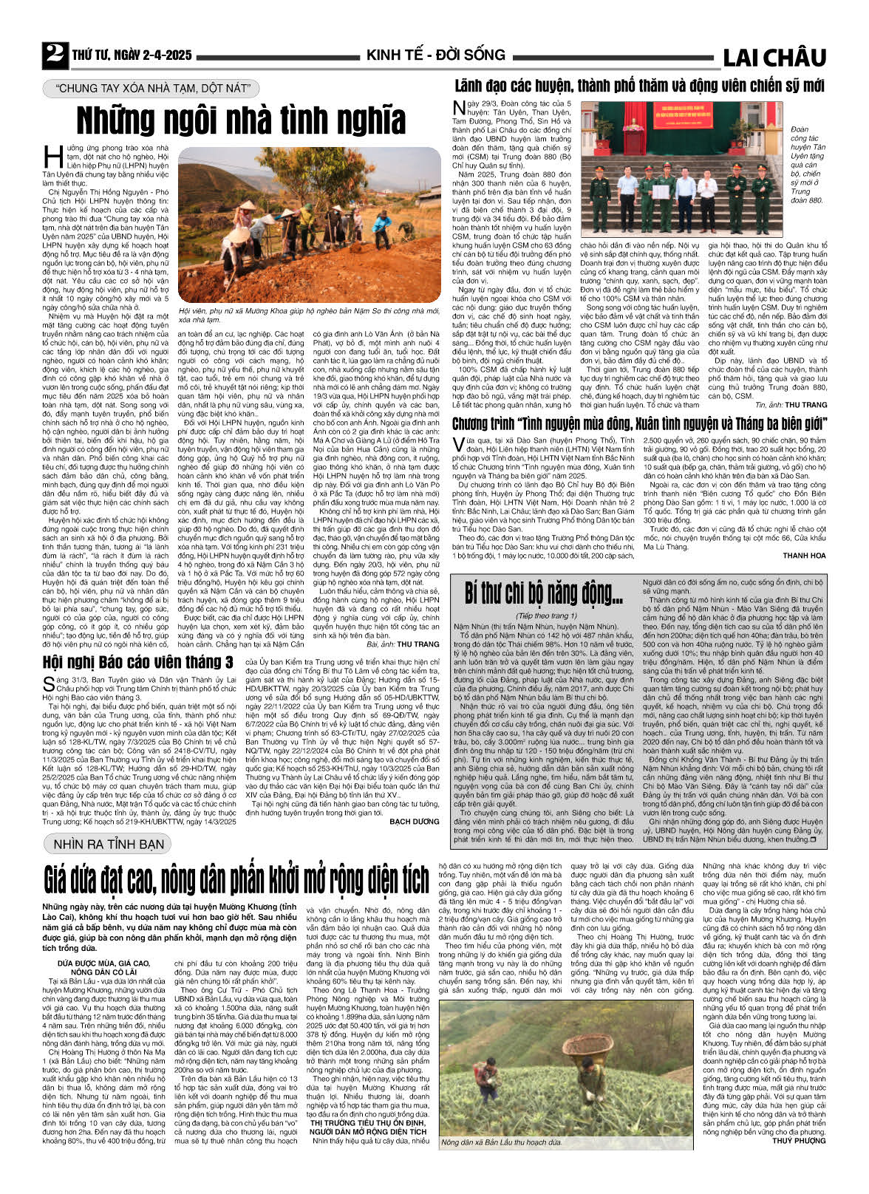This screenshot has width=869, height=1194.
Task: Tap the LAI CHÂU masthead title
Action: coord(774,58)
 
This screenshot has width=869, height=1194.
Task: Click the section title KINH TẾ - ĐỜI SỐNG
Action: coord(435,55)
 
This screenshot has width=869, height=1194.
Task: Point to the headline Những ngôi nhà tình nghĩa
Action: coord(242,120)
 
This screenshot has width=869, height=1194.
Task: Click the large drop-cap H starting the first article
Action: coord(53,157)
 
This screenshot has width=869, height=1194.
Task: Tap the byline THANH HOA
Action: coord(804,556)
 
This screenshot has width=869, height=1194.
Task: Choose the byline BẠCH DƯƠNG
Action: coord(414,821)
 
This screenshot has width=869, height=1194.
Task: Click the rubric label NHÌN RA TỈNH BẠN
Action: coord(108,844)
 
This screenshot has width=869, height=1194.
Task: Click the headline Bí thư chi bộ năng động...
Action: coord(544,593)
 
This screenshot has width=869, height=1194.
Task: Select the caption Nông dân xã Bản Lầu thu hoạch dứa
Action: coord(501,1142)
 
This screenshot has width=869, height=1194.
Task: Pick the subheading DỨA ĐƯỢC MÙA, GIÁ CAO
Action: coord(103,963)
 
